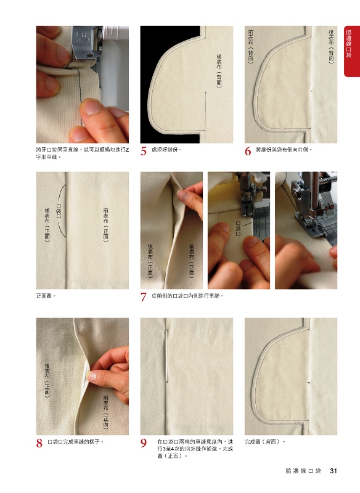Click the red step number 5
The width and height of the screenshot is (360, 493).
click(144, 151)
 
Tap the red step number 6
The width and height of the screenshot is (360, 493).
click(248, 151)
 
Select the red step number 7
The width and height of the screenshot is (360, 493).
click(144, 297)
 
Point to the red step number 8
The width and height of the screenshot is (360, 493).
click(39, 443)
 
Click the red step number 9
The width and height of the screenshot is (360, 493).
click(144, 443)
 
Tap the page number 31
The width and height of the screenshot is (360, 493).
click(333, 471)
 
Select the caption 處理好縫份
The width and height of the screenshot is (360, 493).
click(166, 150)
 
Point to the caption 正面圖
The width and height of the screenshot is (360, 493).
click(46, 296)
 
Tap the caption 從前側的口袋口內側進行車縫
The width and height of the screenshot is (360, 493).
click(187, 296)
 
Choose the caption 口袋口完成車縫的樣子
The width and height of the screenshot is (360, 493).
click(75, 442)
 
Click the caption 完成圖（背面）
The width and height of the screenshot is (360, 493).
click(265, 442)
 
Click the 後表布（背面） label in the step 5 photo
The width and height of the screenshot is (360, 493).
click(219, 70)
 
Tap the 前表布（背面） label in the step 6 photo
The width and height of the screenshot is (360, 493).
click(251, 47)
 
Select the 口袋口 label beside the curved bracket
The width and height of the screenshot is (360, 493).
click(59, 211)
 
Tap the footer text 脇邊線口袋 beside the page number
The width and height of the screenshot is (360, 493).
click(303, 471)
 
